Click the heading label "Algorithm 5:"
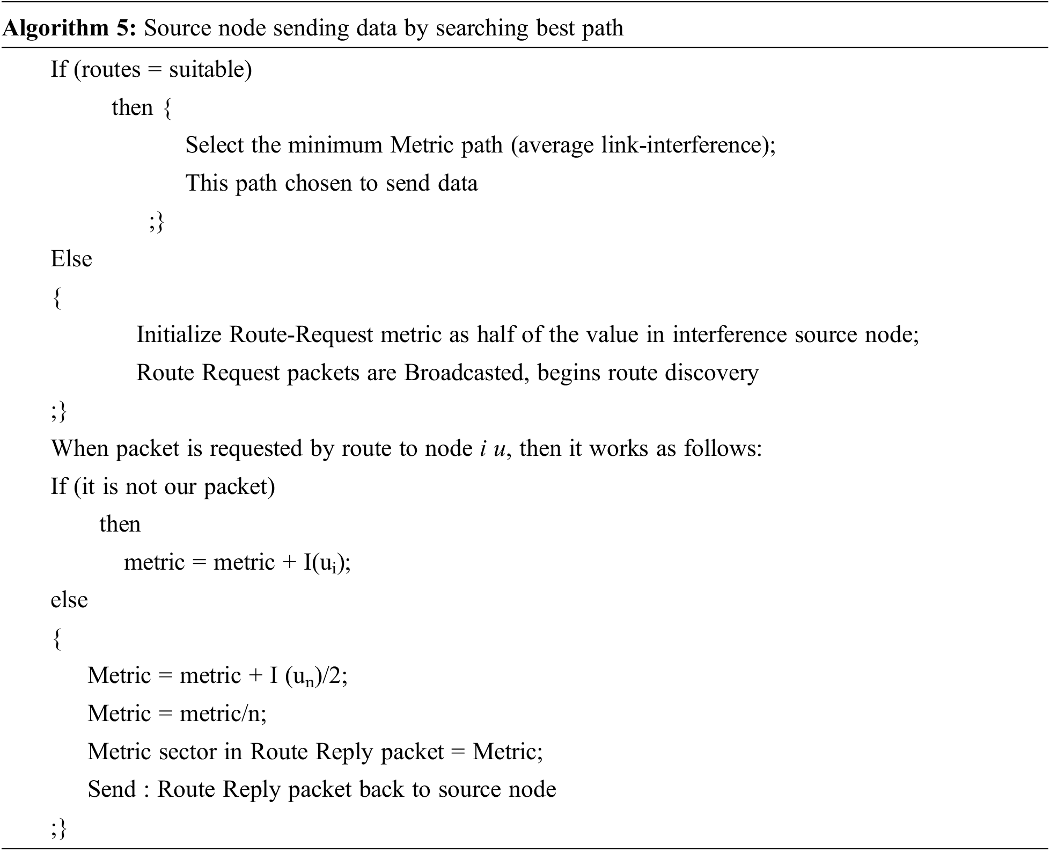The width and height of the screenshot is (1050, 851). pos(70,28)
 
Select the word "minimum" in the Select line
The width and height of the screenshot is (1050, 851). pos(335,145)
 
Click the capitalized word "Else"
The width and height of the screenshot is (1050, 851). pos(71,259)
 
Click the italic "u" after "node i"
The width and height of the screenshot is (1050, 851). pos(499,449)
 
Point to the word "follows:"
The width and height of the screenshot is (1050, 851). pos(723,448)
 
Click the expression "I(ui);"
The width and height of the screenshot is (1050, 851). pos(327,563)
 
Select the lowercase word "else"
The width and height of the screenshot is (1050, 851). pos(69,600)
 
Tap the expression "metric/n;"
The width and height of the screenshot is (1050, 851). pos(223,714)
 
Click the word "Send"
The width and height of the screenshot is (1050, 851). pos(112,789)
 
